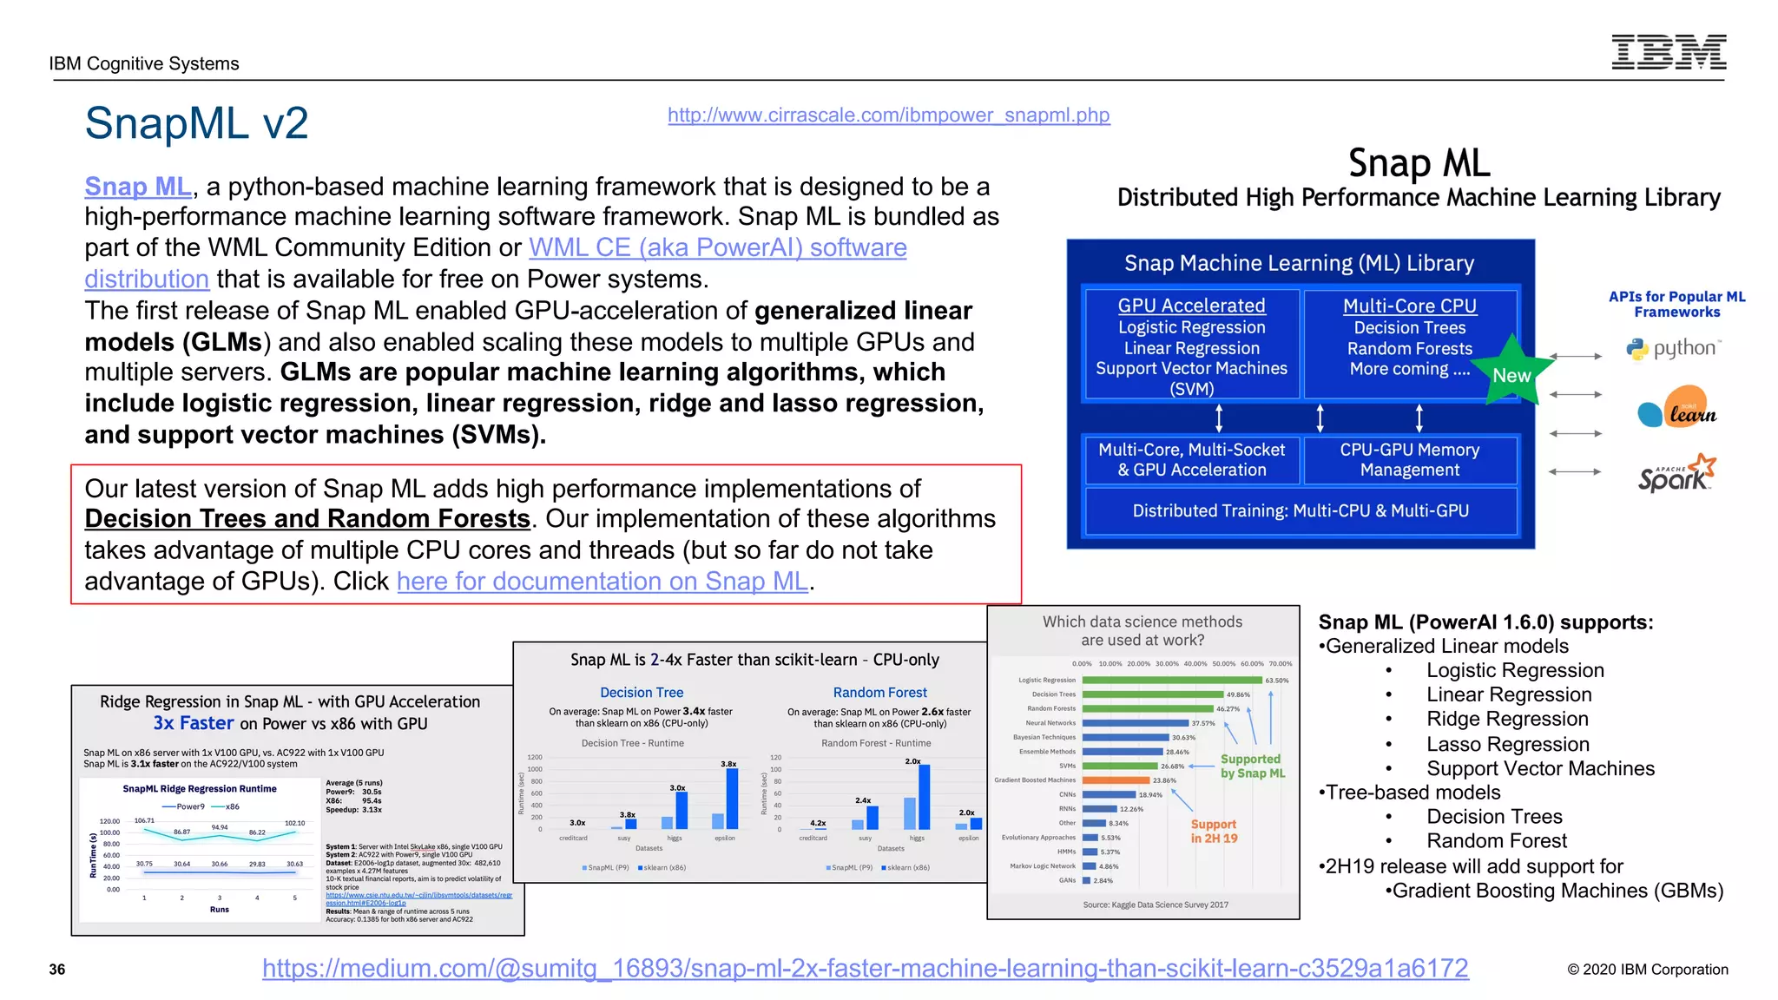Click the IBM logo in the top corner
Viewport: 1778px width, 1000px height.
[1669, 52]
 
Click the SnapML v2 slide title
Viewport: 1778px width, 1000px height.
[196, 123]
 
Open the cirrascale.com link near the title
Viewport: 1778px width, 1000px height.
[888, 115]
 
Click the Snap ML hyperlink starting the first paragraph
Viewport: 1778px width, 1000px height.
[138, 187]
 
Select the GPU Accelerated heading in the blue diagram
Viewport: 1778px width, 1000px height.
[1191, 306]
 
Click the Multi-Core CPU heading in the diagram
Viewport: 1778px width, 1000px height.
[1409, 306]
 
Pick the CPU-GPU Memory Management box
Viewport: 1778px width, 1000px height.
[1409, 460]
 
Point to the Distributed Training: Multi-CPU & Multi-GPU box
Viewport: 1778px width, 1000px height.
[1301, 511]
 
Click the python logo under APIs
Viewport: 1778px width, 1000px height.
[1674, 349]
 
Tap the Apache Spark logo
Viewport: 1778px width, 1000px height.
[1676, 474]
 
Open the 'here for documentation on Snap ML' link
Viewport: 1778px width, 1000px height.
[603, 581]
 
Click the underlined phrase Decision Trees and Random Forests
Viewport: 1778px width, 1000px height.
[307, 518]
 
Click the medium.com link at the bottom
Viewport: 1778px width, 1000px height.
[865, 968]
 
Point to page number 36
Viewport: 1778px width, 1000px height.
[57, 970]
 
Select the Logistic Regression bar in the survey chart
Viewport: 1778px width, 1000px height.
[1172, 680]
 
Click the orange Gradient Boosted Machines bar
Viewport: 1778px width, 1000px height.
[1116, 780]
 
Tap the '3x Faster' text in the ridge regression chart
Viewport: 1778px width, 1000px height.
[194, 723]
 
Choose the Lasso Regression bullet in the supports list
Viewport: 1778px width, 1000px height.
[1508, 744]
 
